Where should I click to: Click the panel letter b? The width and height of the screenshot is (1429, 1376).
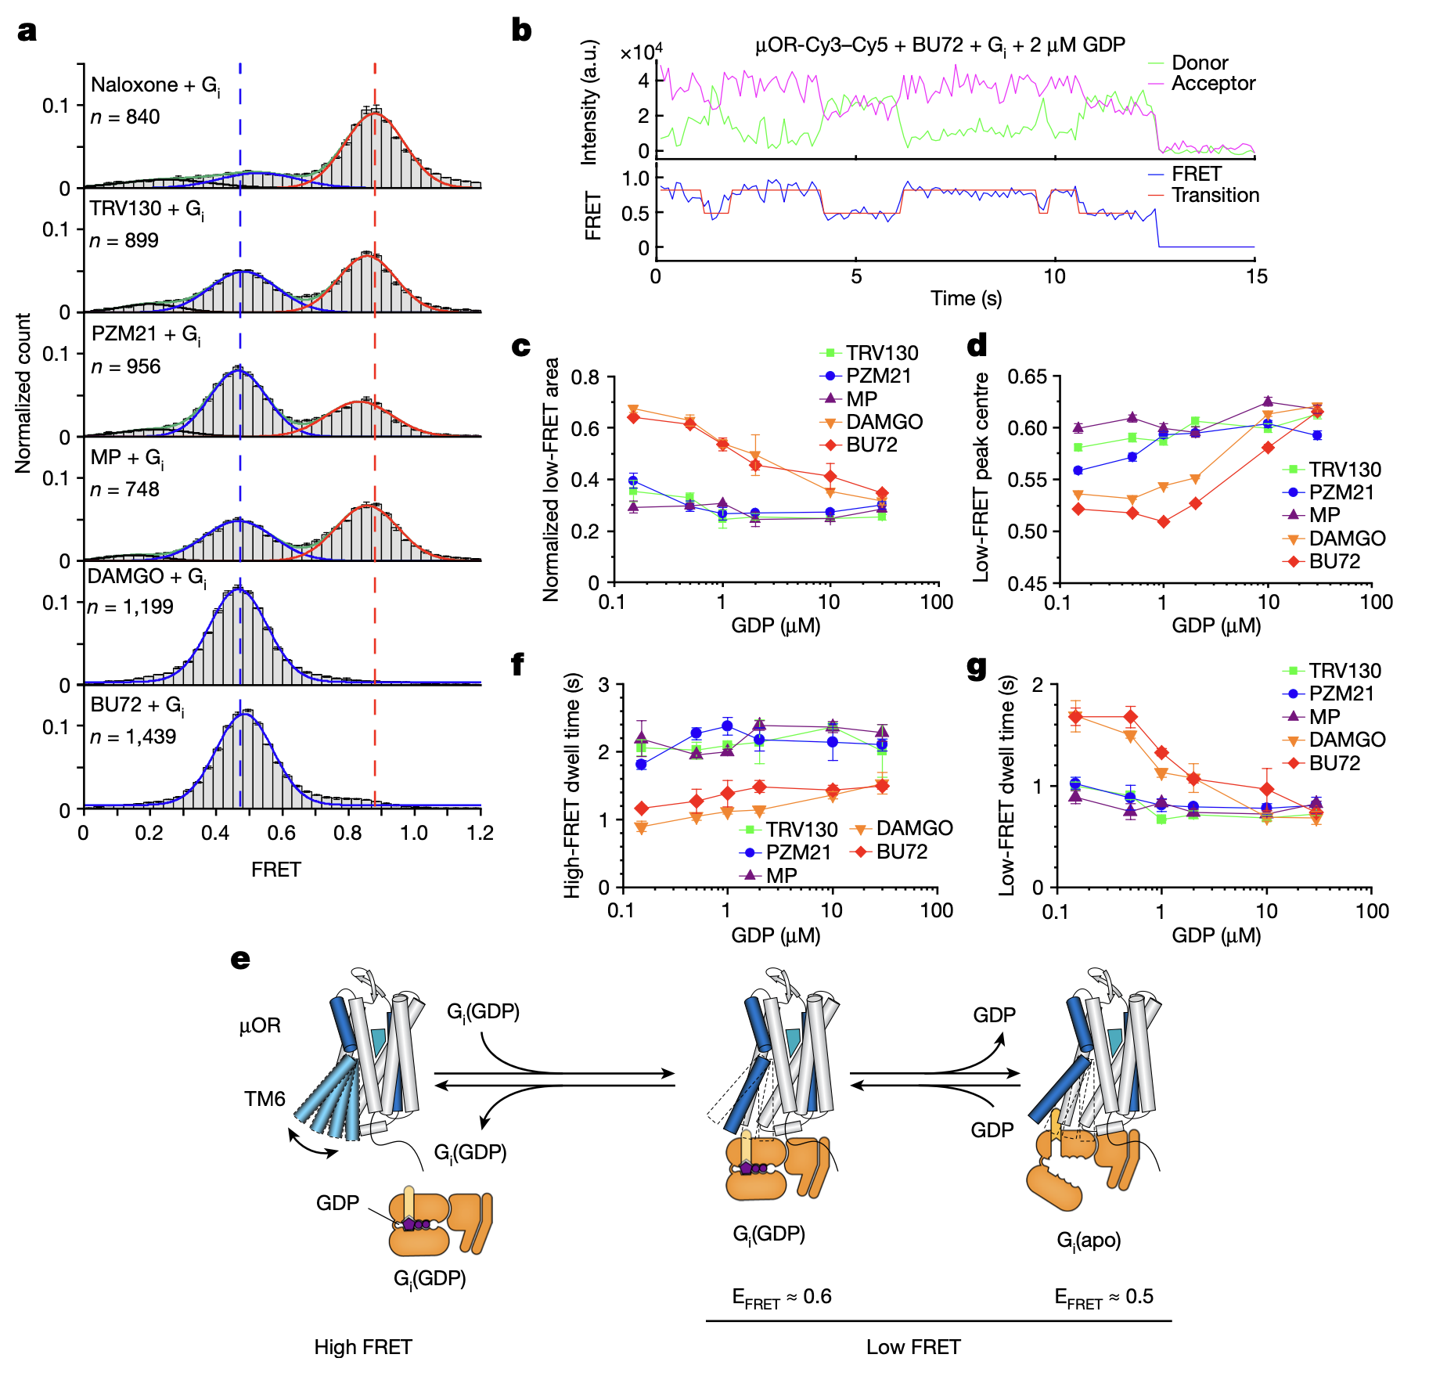pyautogui.click(x=521, y=31)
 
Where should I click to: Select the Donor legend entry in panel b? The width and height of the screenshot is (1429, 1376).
pyautogui.click(x=1199, y=63)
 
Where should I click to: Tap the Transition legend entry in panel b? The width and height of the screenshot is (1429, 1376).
pyautogui.click(x=1215, y=195)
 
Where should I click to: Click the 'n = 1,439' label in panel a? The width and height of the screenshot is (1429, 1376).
pyautogui.click(x=132, y=737)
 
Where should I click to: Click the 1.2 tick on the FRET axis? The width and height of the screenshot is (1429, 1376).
pyautogui.click(x=481, y=833)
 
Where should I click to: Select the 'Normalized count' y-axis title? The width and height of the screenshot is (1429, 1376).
pyautogui.click(x=23, y=393)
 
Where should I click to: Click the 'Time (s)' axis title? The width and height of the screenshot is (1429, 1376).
pyautogui.click(x=966, y=298)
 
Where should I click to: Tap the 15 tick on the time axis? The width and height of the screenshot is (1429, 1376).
pyautogui.click(x=1256, y=276)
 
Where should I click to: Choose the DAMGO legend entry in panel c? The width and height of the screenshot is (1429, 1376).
pyautogui.click(x=884, y=422)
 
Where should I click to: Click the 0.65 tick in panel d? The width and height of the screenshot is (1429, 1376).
pyautogui.click(x=1026, y=376)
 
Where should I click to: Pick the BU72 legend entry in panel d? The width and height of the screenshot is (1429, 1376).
pyautogui.click(x=1334, y=561)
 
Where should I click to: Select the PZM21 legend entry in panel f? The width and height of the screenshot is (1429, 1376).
pyautogui.click(x=797, y=852)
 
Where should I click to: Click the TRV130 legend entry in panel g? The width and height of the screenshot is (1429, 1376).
pyautogui.click(x=1344, y=671)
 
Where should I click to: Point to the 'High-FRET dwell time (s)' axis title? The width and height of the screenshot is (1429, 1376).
pyautogui.click(x=573, y=785)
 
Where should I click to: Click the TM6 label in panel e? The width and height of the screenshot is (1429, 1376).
pyautogui.click(x=265, y=1099)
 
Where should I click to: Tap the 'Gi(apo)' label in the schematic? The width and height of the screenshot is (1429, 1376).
pyautogui.click(x=1089, y=1241)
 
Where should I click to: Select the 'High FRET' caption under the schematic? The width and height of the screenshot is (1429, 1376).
pyautogui.click(x=362, y=1347)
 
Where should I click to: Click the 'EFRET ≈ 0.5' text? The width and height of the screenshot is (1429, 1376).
pyautogui.click(x=1103, y=1297)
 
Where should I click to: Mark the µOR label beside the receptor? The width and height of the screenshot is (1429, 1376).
pyautogui.click(x=260, y=1025)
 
